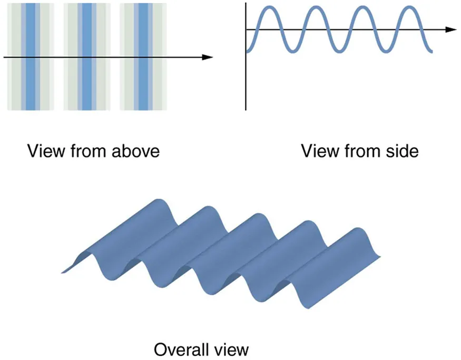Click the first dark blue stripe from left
32,79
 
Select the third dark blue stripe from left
142,79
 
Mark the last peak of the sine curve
409,8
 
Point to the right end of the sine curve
431,51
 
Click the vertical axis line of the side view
246,79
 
